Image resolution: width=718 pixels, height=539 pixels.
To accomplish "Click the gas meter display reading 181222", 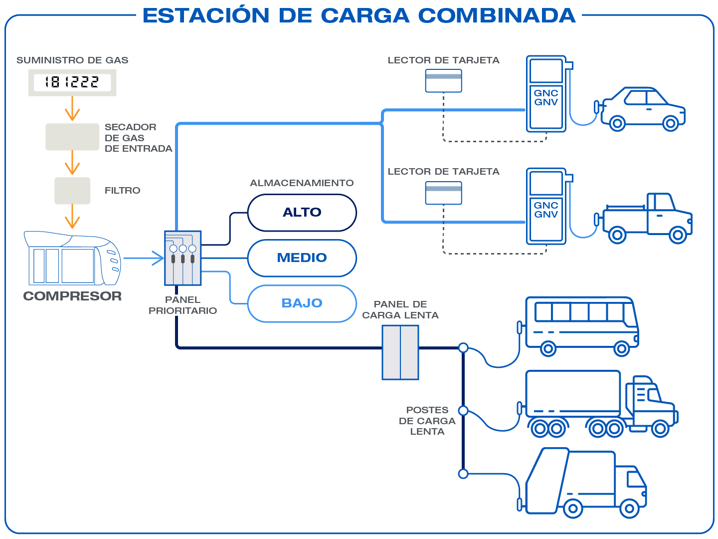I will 72,82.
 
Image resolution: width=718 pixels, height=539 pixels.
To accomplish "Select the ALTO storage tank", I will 302,213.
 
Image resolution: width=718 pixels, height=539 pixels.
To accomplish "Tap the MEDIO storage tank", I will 302,258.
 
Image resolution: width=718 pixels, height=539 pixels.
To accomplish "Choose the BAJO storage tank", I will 302,303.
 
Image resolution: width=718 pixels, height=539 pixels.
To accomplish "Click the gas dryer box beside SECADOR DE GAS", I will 72,137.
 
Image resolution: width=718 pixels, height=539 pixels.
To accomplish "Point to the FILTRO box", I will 72,191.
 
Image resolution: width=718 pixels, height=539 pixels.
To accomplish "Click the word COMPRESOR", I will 72,296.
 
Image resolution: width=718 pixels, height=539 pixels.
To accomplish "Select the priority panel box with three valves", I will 182,258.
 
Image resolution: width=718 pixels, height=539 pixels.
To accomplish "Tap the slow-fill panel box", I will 400,352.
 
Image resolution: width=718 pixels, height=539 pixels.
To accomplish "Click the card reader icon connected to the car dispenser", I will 443,81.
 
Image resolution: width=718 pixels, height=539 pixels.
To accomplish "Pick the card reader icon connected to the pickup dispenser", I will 443,193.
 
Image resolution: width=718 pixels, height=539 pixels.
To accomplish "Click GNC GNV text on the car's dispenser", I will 546,98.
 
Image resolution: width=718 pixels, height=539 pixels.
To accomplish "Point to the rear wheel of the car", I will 617,123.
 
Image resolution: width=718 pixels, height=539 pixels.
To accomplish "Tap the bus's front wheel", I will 622,348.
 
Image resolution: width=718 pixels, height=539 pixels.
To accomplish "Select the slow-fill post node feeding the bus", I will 463,347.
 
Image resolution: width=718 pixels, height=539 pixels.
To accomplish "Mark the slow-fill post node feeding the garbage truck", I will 463,474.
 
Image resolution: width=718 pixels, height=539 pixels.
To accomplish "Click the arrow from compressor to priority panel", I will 145,258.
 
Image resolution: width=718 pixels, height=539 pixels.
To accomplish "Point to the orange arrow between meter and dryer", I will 72,109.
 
